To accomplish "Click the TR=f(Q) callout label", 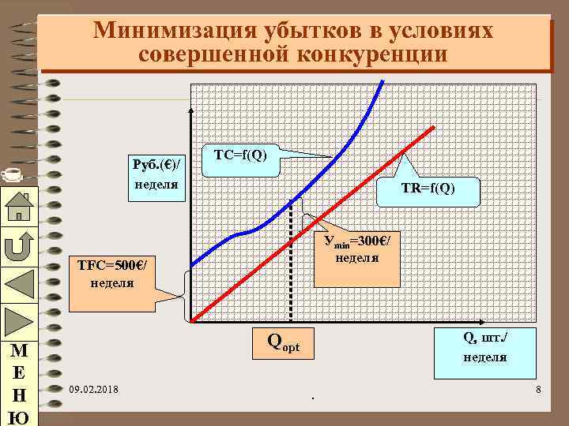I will pos(428,188).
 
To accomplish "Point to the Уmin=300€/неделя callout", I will pos(356,248).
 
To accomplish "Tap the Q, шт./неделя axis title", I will pos(484,346).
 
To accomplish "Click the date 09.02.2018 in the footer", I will pos(94,390).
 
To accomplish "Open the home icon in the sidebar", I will pos(17,207).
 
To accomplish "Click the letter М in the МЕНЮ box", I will pos(17,350).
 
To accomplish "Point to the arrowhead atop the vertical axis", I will pos(190,111).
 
